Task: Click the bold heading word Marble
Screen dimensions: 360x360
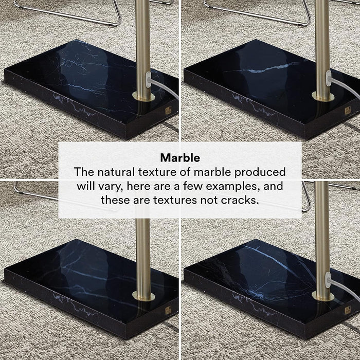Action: coord(180,158)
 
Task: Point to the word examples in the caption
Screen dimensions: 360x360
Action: coord(233,186)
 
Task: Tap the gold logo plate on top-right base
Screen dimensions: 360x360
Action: coord(348,111)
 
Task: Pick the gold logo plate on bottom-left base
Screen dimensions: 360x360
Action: coord(169,310)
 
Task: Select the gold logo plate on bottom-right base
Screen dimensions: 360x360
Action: coord(348,310)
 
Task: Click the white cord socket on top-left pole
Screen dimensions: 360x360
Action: coord(149,80)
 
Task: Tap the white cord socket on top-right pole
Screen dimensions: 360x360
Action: coord(329,79)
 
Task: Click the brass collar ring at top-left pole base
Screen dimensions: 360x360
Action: coord(143,97)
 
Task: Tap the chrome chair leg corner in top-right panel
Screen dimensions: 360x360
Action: coord(307,22)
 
